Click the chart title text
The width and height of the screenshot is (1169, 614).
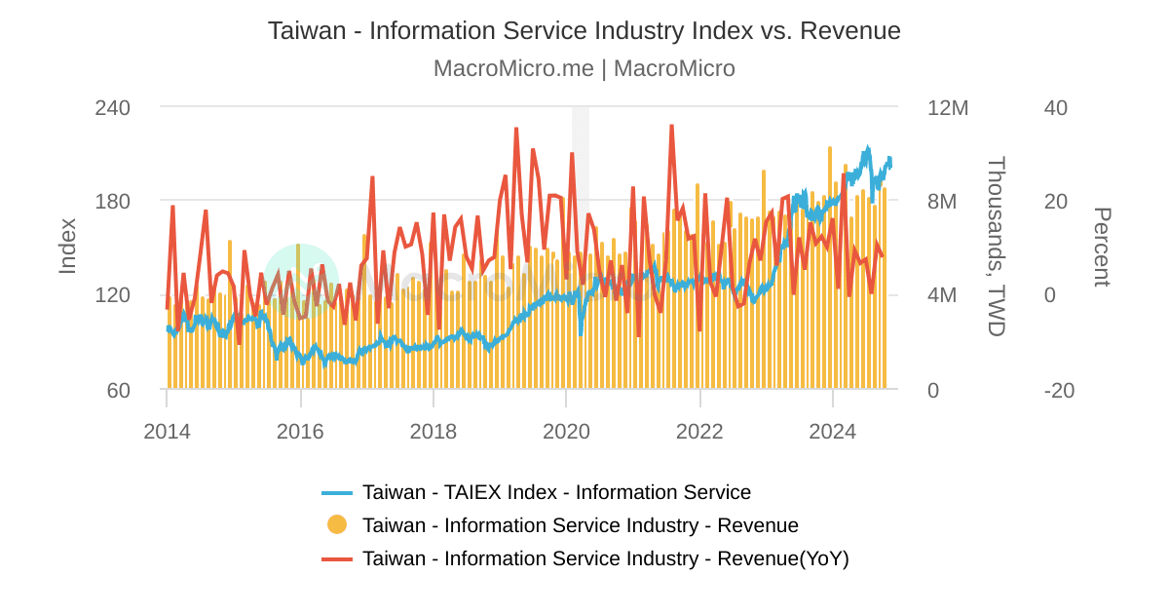[584, 30]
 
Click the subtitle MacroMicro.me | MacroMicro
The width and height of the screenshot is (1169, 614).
[584, 68]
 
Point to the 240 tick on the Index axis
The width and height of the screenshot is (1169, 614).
[113, 107]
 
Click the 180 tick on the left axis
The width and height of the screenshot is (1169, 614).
[113, 201]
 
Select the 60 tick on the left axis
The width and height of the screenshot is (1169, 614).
[119, 390]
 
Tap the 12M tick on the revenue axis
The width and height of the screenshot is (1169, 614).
[948, 107]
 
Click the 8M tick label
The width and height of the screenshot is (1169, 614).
[948, 202]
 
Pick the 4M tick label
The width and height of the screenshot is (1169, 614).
[948, 295]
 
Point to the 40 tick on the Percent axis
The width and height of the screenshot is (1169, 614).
[1056, 107]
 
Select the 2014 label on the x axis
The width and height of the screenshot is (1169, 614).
[167, 431]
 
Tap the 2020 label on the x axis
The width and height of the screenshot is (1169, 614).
[566, 431]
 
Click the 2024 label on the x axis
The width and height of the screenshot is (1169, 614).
[833, 431]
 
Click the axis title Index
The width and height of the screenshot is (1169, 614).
[67, 246]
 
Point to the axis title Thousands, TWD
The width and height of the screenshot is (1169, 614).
[996, 247]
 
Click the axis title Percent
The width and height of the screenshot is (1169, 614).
[1102, 247]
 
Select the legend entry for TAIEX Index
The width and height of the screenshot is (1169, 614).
[556, 492]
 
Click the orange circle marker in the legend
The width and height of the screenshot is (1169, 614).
[337, 524]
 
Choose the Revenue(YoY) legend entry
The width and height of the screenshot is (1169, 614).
[605, 558]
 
